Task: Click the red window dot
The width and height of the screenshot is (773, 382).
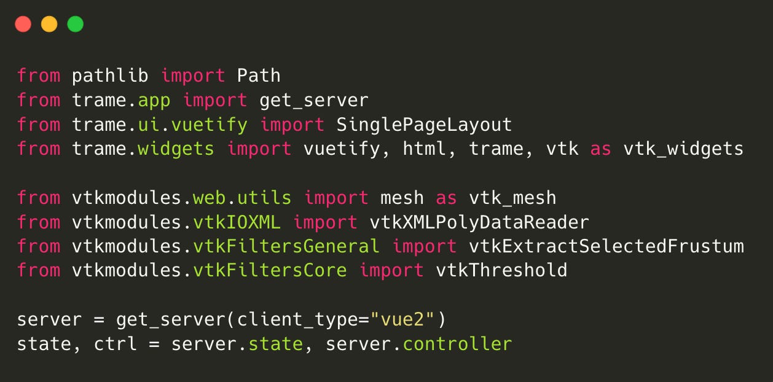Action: tap(23, 25)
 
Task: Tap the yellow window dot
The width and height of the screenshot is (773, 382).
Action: tap(49, 25)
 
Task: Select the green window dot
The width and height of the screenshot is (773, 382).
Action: tap(75, 25)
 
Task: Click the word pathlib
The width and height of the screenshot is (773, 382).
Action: tap(110, 76)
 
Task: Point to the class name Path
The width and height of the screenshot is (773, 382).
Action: tap(259, 76)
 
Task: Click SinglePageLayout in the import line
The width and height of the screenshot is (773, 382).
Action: tap(424, 125)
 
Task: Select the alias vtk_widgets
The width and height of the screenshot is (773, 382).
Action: tap(683, 149)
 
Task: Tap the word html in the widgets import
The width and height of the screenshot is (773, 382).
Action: tap(425, 149)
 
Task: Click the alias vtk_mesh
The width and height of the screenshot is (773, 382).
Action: tap(512, 198)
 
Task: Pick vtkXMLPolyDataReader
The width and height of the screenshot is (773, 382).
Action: tap(479, 222)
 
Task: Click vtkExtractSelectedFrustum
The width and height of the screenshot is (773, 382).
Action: tap(606, 246)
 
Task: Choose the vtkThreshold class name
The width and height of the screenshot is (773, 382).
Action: tap(501, 270)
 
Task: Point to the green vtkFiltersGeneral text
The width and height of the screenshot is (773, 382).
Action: tap(286, 246)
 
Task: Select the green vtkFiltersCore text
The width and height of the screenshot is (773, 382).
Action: tap(270, 270)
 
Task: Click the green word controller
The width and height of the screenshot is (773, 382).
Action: tap(457, 344)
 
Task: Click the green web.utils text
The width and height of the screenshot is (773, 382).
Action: tap(242, 198)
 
